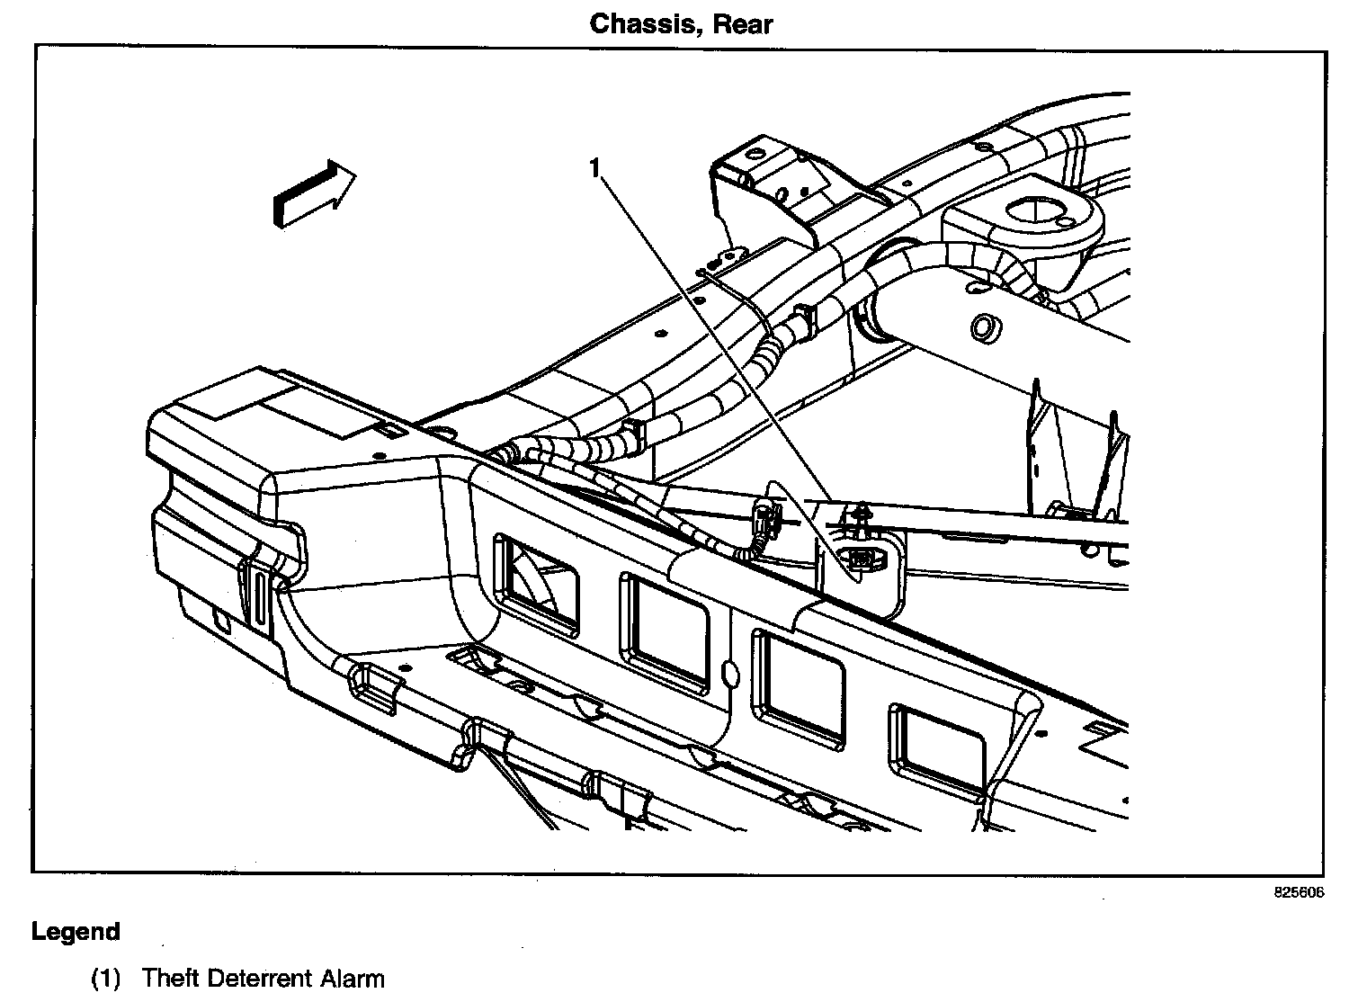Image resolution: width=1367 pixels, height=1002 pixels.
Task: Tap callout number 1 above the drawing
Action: coord(594,168)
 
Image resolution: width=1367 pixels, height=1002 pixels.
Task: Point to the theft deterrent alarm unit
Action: coord(862,559)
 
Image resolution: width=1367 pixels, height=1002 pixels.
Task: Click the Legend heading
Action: coord(76,932)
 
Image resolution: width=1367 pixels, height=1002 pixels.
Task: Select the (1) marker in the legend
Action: coord(105,979)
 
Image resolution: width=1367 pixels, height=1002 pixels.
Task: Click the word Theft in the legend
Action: coord(169,979)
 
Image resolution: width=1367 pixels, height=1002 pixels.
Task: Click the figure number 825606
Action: coord(1299,893)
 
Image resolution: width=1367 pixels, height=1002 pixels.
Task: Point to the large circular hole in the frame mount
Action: coord(1034,211)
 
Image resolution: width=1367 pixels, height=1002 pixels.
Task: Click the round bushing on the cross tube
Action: coord(984,326)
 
